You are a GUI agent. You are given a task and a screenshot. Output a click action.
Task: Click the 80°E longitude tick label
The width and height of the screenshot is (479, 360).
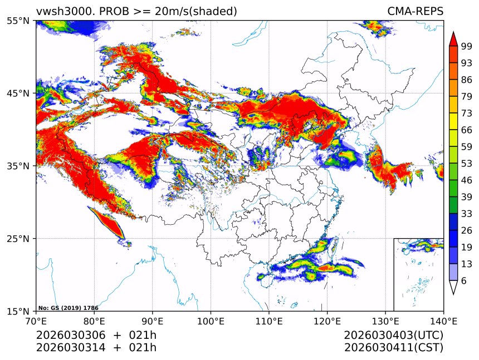(94, 321)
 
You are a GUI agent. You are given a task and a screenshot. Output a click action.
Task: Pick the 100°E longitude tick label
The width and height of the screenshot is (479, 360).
(211, 321)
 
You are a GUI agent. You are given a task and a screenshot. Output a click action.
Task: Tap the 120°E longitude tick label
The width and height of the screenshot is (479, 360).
(327, 321)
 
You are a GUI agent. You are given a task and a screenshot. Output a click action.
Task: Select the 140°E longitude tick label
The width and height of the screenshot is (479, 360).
(443, 321)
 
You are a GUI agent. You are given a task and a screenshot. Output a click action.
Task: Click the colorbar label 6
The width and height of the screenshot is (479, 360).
(463, 282)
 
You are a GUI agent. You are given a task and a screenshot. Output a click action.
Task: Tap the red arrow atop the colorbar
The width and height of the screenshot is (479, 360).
(453, 39)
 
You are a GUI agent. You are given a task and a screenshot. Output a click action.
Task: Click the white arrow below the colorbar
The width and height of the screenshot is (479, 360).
(453, 287)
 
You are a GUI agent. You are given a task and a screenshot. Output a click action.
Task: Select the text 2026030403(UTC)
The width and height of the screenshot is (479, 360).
(393, 336)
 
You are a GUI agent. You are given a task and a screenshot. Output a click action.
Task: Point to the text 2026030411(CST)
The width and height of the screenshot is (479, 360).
(393, 348)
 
